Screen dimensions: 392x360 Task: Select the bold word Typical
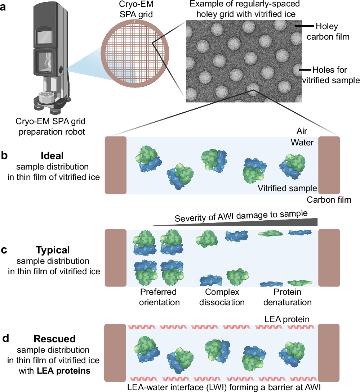(53, 250)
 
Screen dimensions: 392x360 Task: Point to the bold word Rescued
(54, 339)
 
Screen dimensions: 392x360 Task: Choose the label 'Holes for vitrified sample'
(331, 75)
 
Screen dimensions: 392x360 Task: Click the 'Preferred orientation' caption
(159, 297)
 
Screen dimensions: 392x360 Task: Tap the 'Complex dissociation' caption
(222, 297)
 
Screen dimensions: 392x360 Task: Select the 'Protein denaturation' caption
(287, 297)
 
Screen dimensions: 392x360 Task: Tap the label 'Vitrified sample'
(287, 188)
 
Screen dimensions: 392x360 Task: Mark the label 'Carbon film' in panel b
(329, 200)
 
